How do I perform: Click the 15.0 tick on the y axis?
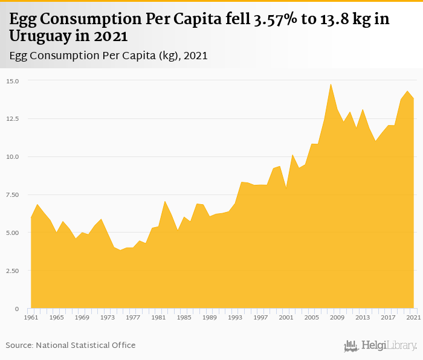[13, 81]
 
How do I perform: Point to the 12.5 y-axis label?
[13, 119]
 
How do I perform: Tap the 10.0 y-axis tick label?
[13, 157]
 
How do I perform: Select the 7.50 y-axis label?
[13, 195]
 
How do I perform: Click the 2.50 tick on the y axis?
[13, 271]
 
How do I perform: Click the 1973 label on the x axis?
[107, 317]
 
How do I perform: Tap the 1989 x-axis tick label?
[209, 317]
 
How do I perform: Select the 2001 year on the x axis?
[286, 317]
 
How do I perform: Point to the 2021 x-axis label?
[413, 317]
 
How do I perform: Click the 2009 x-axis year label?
[337, 317]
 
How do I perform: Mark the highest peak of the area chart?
[331, 84]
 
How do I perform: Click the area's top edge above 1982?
[164, 201]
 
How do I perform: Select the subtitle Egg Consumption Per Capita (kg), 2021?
[109, 56]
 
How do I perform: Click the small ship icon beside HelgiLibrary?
[351, 346]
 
